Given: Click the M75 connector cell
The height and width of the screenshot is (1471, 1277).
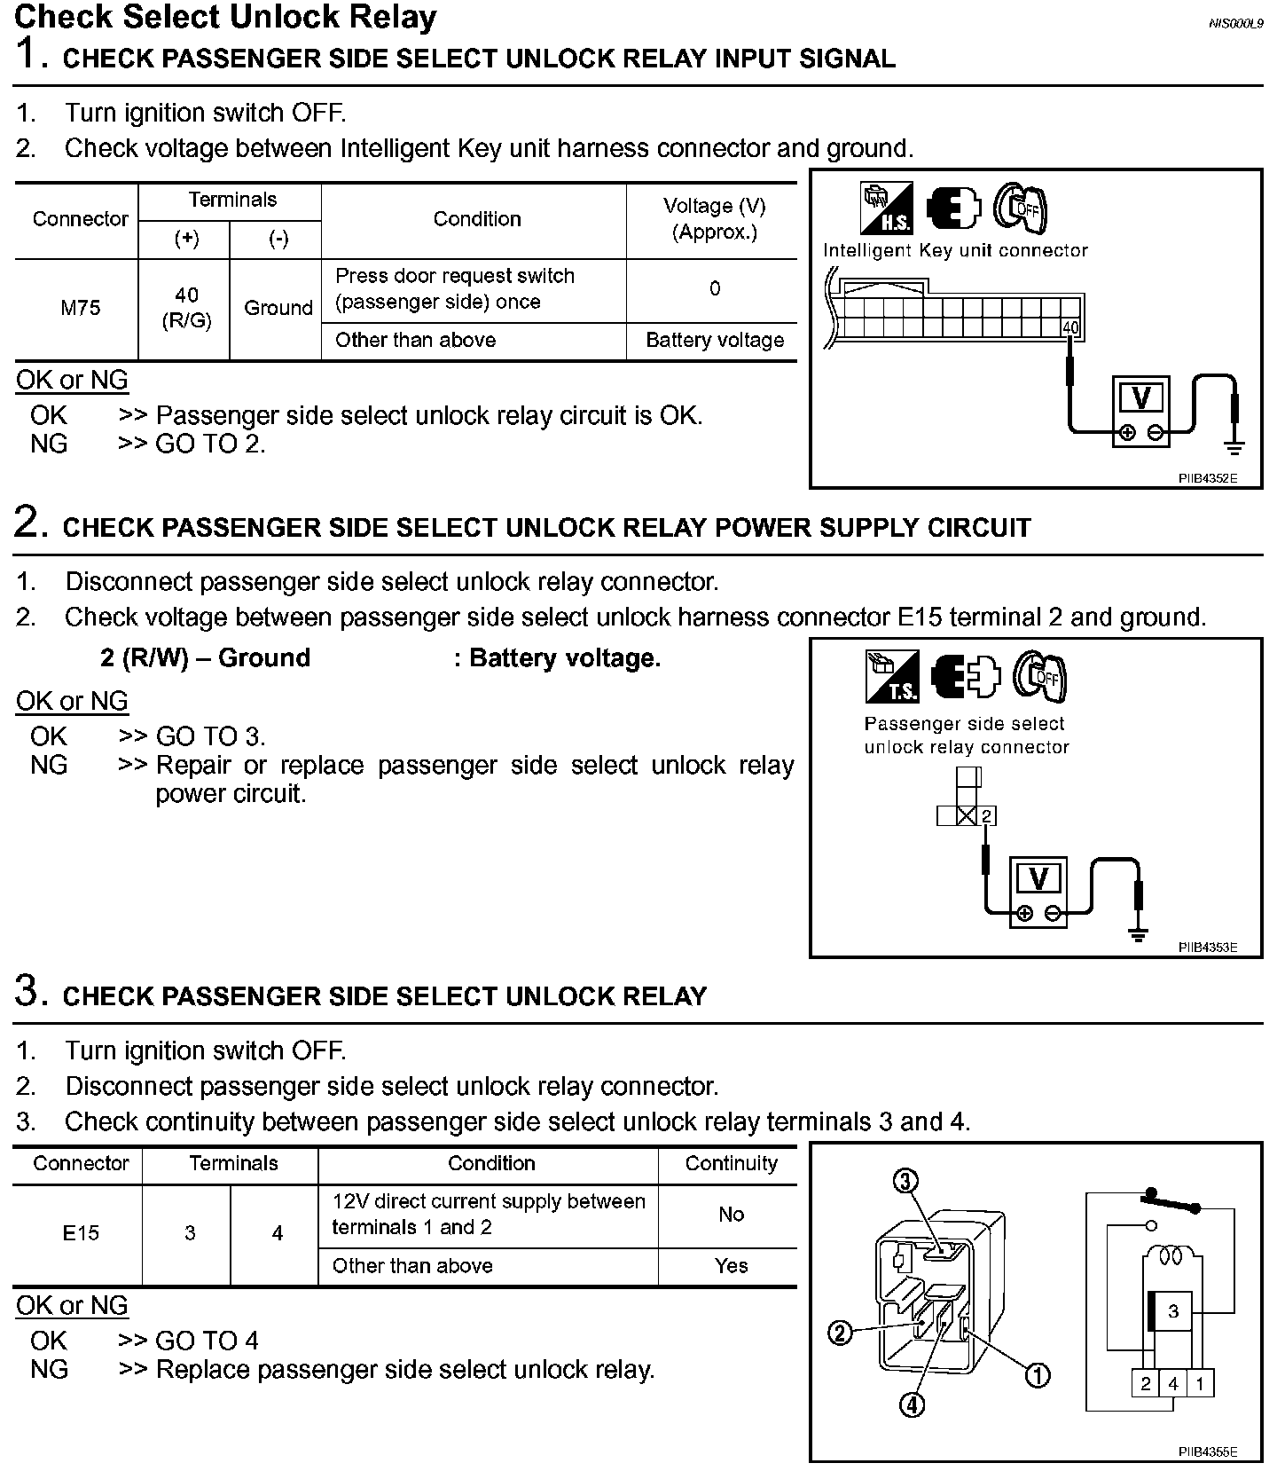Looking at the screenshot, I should pos(80,309).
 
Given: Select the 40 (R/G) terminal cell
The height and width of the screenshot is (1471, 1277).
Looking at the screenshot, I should pos(186,308).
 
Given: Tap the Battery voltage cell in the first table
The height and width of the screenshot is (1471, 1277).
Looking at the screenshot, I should pos(715,341).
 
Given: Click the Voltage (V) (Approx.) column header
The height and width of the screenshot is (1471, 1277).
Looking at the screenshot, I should pos(715,219).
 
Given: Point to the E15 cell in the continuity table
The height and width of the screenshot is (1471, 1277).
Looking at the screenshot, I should pos(80,1233).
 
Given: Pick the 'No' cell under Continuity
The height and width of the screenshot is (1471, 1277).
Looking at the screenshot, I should pos(731,1215).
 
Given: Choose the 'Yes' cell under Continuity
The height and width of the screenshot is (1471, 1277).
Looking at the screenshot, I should pos(731,1266).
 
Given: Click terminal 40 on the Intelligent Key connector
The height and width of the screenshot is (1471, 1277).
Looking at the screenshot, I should pos(1071,328).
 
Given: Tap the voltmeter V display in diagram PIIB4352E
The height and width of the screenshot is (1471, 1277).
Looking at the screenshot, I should pos(1141,398).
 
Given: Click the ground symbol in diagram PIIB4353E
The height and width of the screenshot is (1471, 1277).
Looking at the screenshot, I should pos(1140,932).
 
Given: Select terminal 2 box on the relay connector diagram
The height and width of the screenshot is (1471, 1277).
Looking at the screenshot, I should pos(987,815).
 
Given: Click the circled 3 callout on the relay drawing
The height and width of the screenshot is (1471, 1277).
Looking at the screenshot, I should pos(905,1182).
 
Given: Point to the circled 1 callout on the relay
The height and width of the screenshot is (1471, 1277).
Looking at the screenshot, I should pos(1038,1375).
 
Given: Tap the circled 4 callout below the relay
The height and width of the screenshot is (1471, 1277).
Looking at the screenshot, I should pos(912,1404).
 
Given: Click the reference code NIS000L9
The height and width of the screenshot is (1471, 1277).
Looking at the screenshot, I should pos(1235,23).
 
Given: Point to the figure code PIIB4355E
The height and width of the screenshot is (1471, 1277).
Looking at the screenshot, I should pos(1207,1452).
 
